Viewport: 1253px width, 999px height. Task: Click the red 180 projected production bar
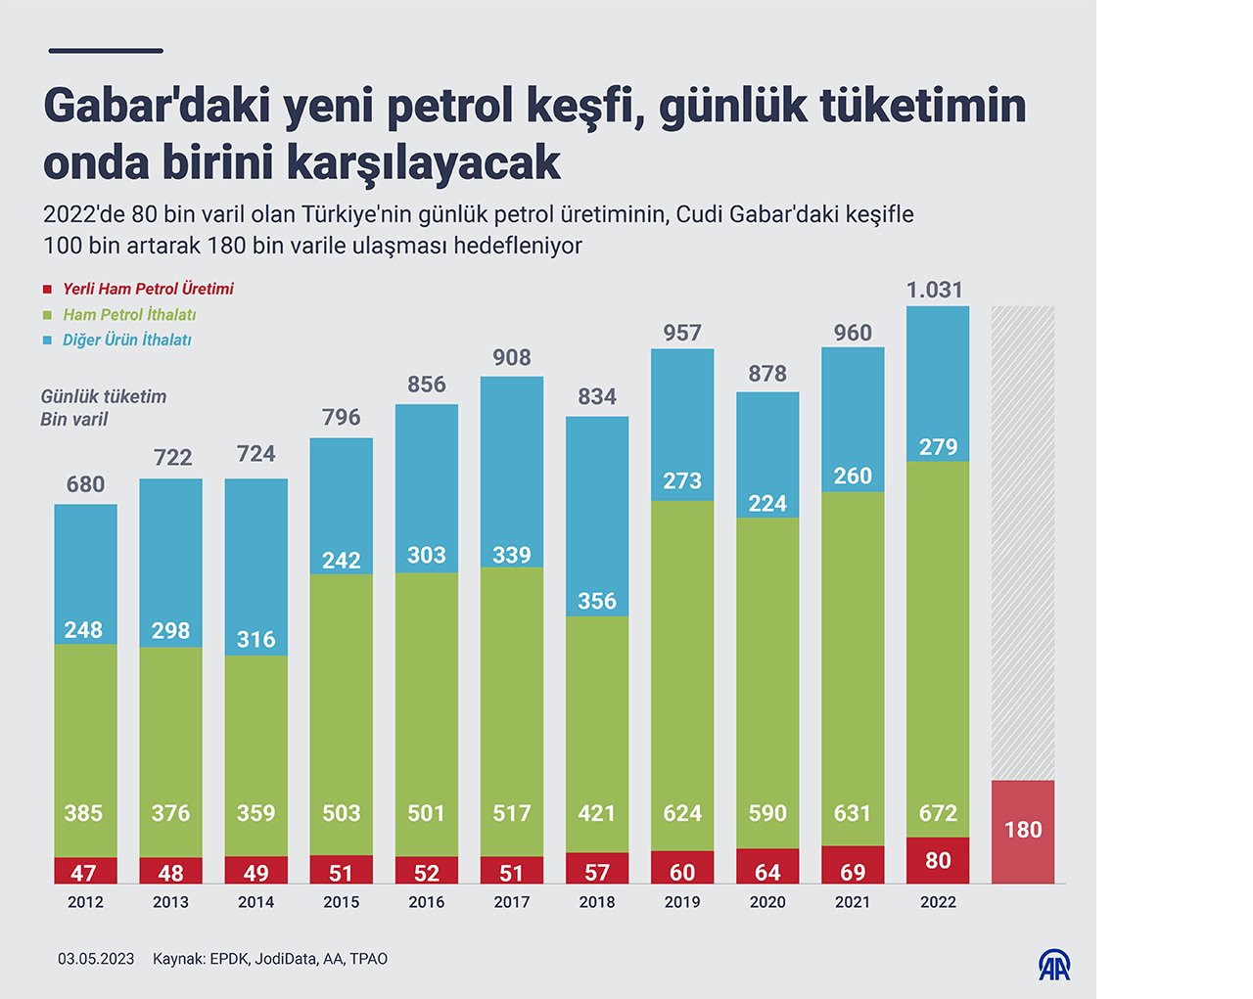(1023, 831)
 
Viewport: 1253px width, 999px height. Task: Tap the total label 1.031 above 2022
(935, 290)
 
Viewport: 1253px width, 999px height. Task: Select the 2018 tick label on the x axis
(597, 902)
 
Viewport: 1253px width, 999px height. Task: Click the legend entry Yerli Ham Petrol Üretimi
(148, 289)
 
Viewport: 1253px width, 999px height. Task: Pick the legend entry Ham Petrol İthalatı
(129, 314)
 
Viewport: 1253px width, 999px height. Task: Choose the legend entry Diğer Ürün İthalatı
(126, 340)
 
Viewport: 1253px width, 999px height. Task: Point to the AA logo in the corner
(1054, 966)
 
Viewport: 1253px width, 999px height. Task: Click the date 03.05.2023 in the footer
(96, 959)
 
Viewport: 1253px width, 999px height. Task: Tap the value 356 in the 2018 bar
(597, 601)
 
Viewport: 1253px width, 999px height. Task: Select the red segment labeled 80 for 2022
(938, 860)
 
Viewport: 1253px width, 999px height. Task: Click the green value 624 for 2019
(682, 813)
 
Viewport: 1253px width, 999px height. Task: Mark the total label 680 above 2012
(85, 484)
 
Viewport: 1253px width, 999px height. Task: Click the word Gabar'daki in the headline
(157, 106)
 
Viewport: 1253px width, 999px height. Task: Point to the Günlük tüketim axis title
(104, 396)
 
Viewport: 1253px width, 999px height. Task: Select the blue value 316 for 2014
(255, 639)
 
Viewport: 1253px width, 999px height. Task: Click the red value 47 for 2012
(83, 873)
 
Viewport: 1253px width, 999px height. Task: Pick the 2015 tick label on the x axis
(341, 902)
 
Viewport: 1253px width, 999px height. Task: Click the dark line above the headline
(106, 51)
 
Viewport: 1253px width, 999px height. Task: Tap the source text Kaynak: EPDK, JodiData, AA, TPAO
(270, 959)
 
